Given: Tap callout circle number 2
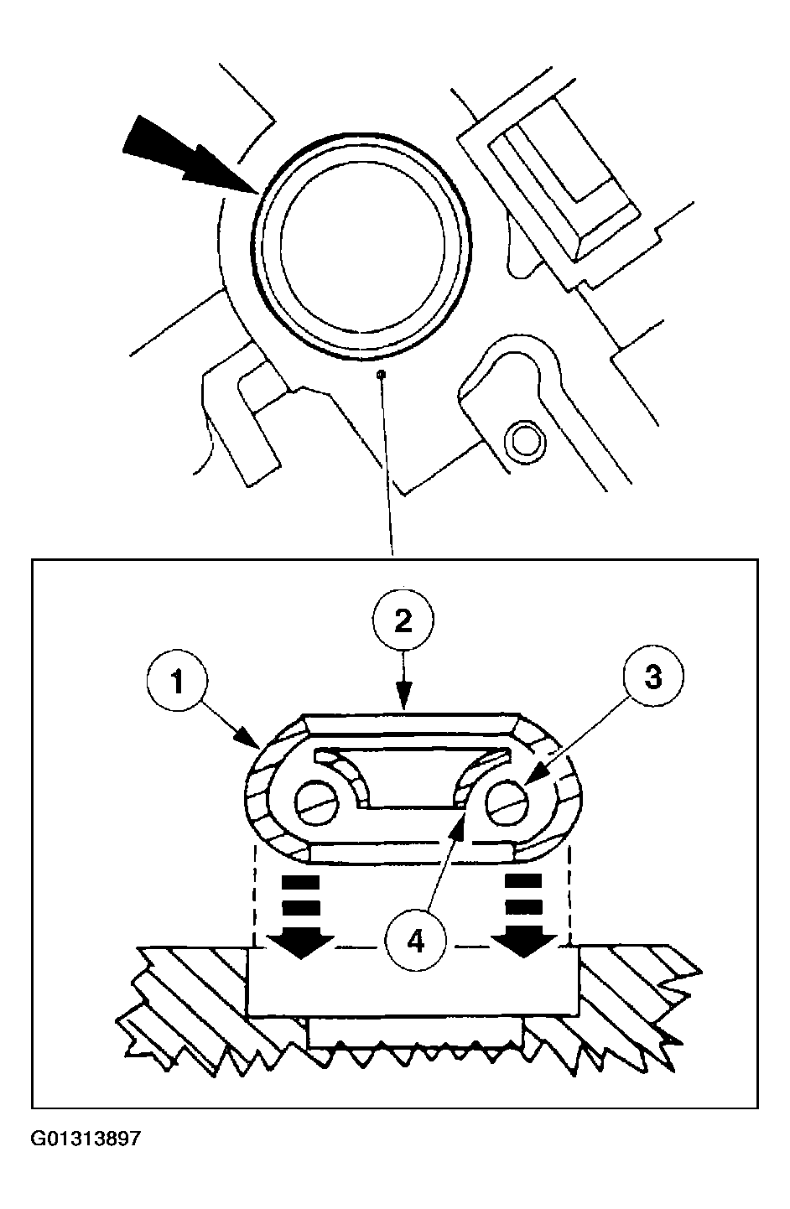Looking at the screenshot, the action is point(403,620).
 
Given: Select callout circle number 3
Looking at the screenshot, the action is point(652,675).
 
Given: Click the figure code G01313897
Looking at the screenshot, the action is point(86,1139).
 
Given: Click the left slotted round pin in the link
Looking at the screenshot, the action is point(317,810).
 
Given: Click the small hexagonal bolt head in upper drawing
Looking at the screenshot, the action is point(524,442).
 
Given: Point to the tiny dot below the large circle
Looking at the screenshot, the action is point(381,373).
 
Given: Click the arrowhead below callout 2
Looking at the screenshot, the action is point(403,696).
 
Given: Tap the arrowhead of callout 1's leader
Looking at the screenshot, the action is point(250,739).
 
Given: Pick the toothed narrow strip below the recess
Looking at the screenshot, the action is point(415,1033).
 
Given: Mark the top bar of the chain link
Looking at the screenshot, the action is point(410,724).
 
